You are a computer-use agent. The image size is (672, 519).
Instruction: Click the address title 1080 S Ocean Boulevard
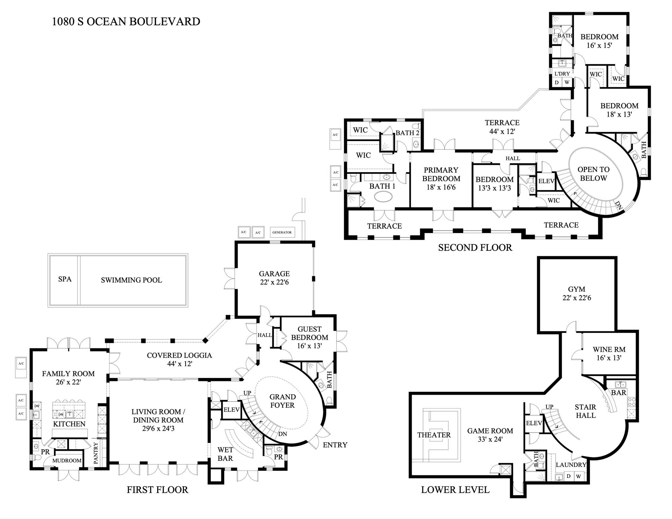click(x=126, y=22)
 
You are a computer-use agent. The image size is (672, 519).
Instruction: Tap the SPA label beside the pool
click(x=65, y=279)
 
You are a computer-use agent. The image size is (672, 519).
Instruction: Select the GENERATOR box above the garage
click(x=282, y=233)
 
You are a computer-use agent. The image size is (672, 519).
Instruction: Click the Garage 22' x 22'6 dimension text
click(x=274, y=282)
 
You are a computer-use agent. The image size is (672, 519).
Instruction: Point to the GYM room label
click(x=577, y=289)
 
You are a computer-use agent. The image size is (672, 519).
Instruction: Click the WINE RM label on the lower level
click(x=609, y=350)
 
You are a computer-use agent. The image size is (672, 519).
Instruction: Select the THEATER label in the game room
click(x=434, y=435)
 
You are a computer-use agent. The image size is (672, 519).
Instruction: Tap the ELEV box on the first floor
click(x=231, y=410)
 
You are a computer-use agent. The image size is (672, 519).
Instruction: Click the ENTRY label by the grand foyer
click(x=335, y=445)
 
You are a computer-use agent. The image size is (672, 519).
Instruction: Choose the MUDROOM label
click(x=67, y=461)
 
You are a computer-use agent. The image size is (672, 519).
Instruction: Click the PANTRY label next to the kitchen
click(x=96, y=453)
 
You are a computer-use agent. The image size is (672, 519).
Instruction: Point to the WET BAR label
click(x=225, y=454)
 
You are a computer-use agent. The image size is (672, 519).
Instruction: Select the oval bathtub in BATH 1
click(x=384, y=197)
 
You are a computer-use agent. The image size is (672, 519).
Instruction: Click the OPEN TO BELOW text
click(x=594, y=174)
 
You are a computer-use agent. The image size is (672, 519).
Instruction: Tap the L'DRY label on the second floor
click(x=562, y=74)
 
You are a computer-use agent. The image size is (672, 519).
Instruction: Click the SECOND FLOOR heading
click(x=475, y=248)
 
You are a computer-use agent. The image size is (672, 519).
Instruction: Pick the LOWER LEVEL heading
click(x=455, y=490)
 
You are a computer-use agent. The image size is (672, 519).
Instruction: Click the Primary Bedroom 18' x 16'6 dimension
click(x=441, y=187)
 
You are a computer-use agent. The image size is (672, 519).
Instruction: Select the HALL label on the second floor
click(x=513, y=158)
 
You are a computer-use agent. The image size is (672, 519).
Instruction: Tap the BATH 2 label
click(x=407, y=133)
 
